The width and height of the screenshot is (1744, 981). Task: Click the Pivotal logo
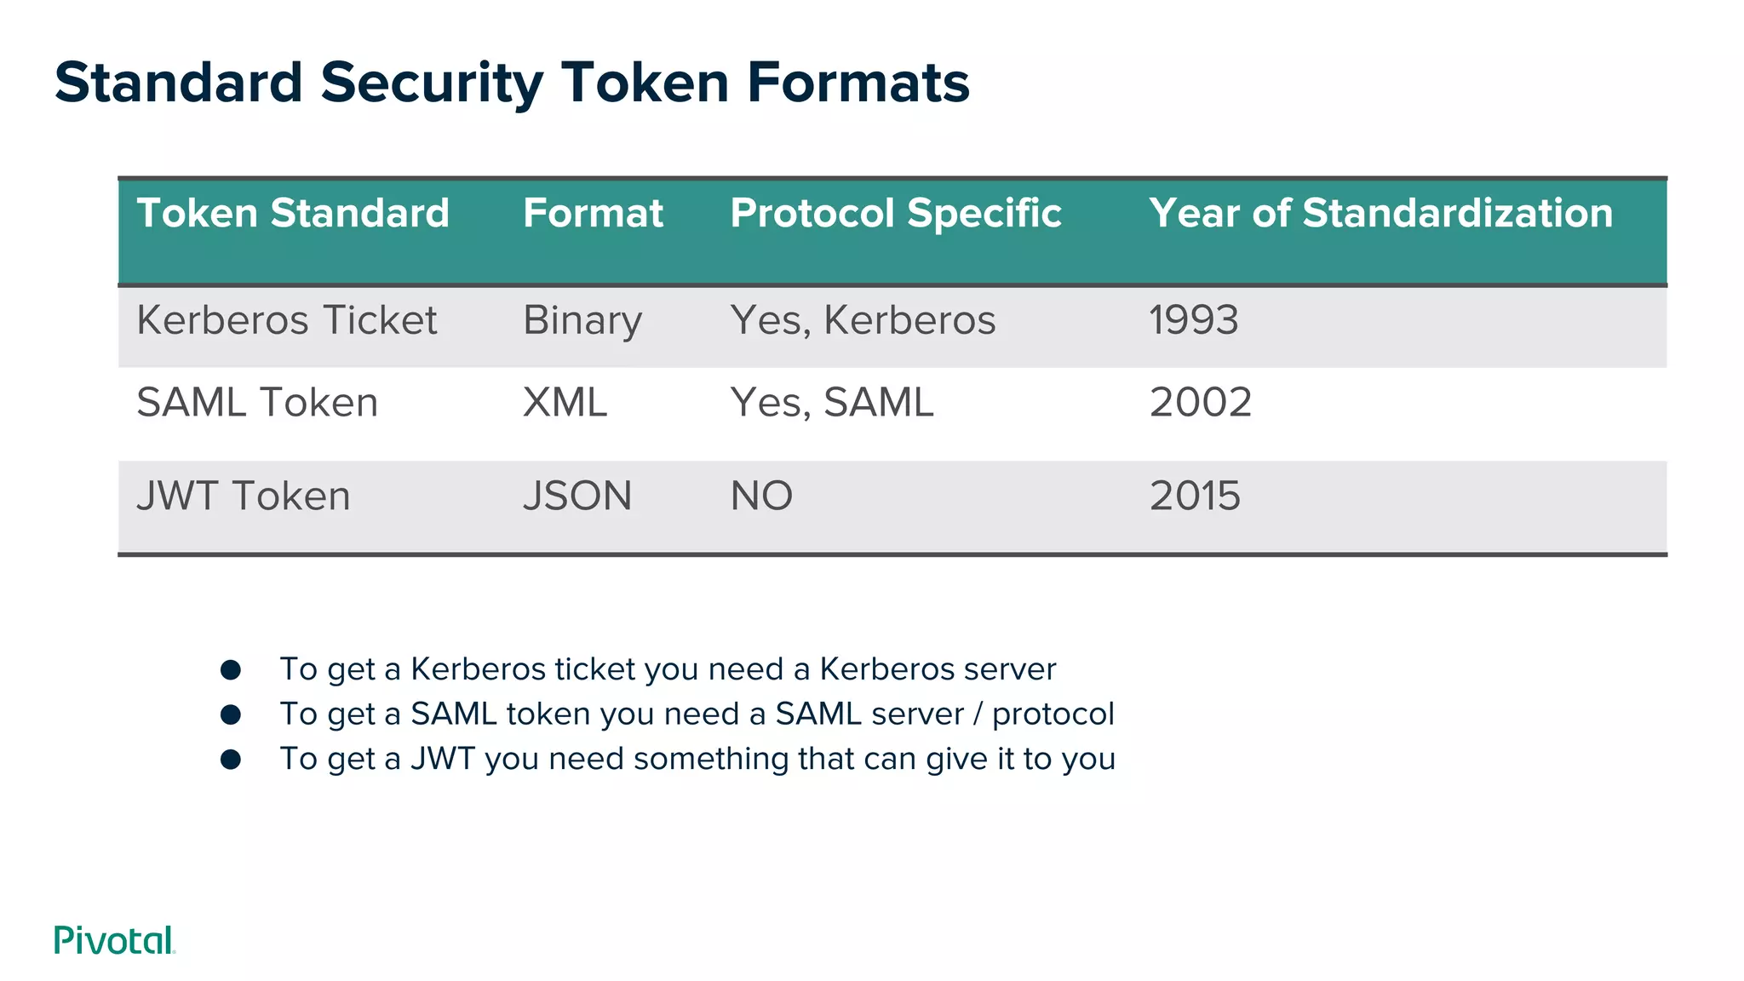click(114, 940)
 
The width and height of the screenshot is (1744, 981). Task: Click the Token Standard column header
click(293, 213)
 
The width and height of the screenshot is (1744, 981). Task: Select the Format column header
click(593, 213)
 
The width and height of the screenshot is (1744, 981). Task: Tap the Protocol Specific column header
click(895, 213)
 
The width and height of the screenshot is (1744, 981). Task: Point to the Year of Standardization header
click(1380, 213)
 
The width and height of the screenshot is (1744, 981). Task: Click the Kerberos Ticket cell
click(286, 320)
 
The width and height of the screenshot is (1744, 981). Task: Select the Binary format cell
click(582, 321)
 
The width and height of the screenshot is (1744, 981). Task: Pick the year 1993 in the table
click(1193, 320)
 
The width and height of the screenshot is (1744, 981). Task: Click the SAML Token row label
click(257, 402)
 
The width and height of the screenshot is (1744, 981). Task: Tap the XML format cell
click(565, 402)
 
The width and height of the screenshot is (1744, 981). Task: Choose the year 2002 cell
click(1201, 402)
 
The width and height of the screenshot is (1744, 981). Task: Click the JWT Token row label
click(244, 496)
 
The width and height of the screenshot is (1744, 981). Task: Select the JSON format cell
click(577, 496)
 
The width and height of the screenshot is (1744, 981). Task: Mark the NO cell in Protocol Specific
click(761, 496)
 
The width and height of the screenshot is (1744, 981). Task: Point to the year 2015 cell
click(1195, 496)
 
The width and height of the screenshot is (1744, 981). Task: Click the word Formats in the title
click(858, 83)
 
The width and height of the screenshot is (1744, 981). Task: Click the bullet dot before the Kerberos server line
click(231, 669)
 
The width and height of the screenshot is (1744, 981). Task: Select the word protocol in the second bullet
click(1053, 714)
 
